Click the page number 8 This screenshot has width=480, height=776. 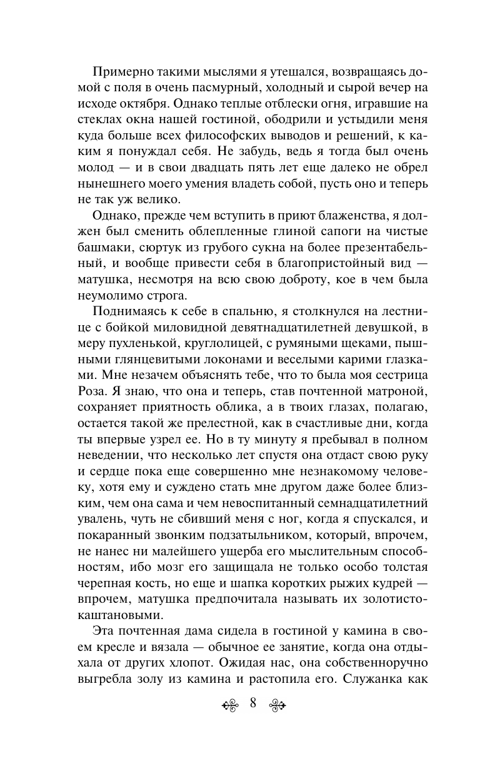(x=252, y=703)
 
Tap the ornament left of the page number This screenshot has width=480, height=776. (x=229, y=704)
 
